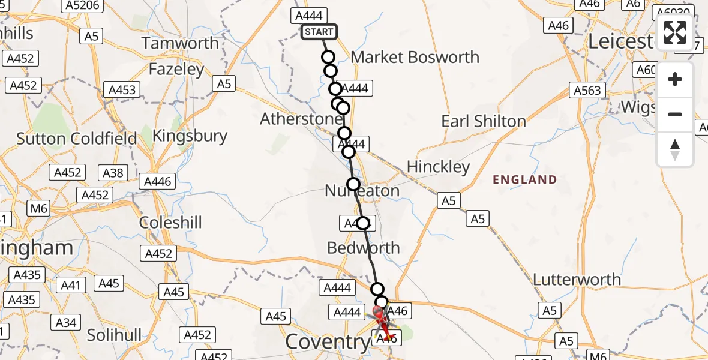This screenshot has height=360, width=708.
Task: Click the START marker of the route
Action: pos(319,32)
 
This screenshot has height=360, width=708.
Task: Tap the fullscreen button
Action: pos(675,32)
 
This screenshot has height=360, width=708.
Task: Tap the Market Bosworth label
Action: pos(415,58)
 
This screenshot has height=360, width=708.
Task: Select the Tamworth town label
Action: pos(180,43)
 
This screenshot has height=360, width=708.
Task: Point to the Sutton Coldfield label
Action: pos(77,139)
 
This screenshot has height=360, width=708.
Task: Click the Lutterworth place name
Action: pos(577,280)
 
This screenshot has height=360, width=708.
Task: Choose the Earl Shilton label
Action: pos(483,121)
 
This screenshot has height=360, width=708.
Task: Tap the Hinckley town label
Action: pos(438,166)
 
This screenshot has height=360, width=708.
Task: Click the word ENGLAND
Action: pos(524,179)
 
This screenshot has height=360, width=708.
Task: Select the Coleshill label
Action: pos(170,223)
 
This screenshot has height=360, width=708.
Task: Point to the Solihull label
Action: pos(114,334)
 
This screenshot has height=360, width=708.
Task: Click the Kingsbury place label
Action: pos(190,136)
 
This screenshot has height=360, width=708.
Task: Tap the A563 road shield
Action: pos(587,91)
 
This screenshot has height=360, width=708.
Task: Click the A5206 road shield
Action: pos(82,5)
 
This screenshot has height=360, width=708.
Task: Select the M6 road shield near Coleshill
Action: pos(38,208)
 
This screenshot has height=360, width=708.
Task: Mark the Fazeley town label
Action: pos(176,70)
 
